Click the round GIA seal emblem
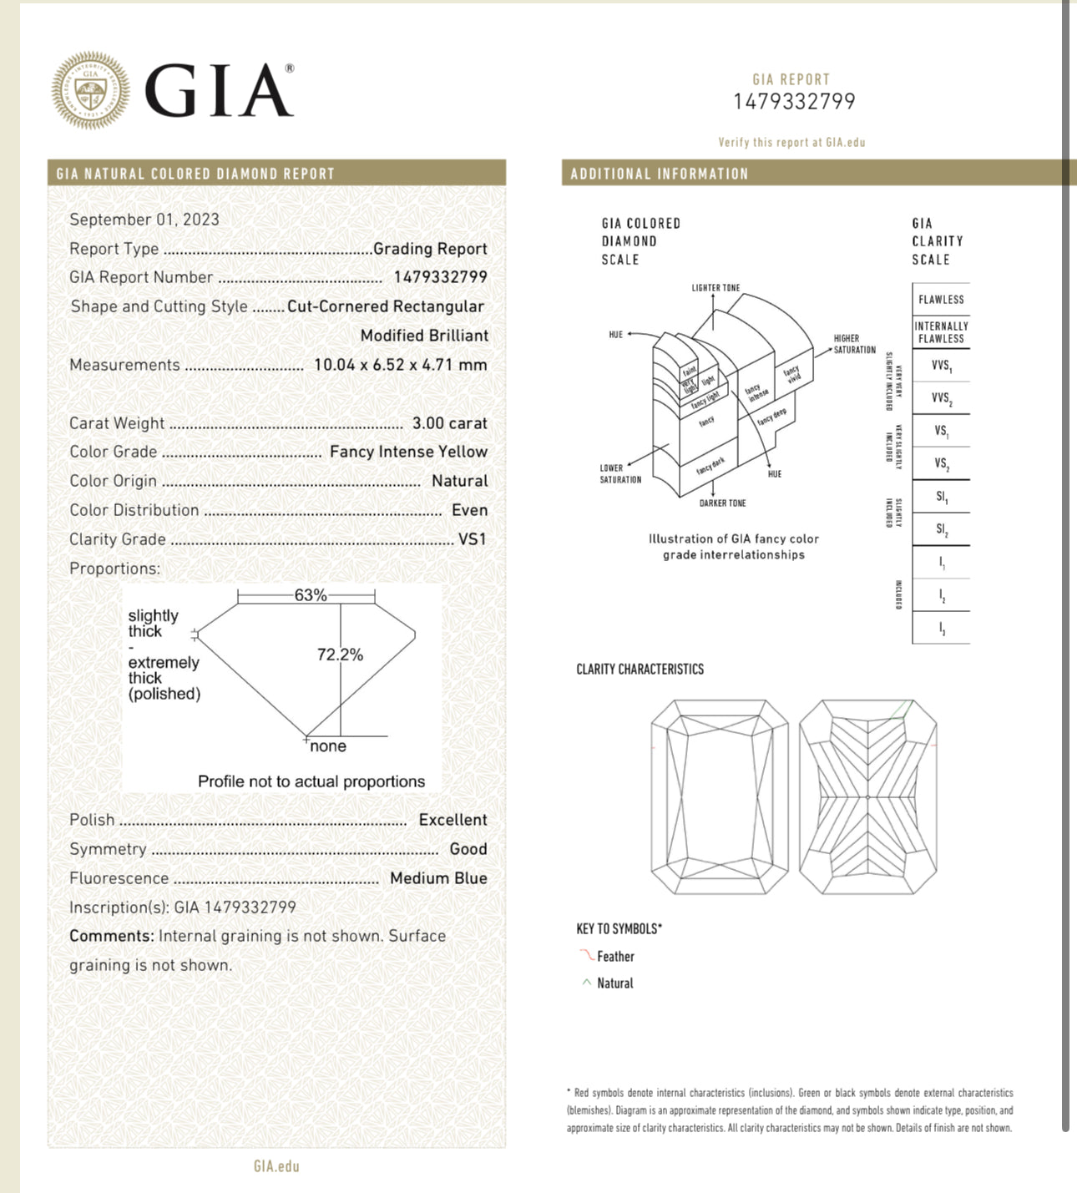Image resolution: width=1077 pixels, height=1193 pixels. pos(90,90)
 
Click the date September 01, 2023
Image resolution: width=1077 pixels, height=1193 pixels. pos(144,220)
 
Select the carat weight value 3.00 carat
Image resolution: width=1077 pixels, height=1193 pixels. pos(449,423)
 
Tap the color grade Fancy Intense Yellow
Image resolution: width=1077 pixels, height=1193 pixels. pos(408,452)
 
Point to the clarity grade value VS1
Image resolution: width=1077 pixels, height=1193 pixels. pos(472,539)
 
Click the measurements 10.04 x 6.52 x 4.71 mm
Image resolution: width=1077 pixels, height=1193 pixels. pos(400,365)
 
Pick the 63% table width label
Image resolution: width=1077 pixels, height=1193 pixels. pos(310,595)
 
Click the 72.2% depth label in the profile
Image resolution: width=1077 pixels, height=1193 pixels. pos(340,655)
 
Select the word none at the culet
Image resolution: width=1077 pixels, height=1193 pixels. pos(327,746)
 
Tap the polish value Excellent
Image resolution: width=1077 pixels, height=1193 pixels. pos(453,820)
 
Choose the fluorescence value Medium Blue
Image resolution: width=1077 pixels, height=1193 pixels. pos(438,878)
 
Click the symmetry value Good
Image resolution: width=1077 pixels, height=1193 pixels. pos(468,849)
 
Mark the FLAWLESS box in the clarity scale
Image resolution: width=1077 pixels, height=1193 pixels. pos(941,300)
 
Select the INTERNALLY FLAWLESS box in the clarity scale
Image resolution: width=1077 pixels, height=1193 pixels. pos(941,332)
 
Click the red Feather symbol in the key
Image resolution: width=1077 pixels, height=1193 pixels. pos(587,955)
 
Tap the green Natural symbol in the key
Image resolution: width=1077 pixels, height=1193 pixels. pos(587,983)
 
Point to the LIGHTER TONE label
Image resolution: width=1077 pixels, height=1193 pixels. pos(715,288)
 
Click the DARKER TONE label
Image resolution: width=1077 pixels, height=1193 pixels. pos(722,503)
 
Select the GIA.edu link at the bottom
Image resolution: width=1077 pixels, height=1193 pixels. pos(276,1166)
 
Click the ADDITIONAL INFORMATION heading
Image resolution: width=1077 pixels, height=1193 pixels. pos(659,174)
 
